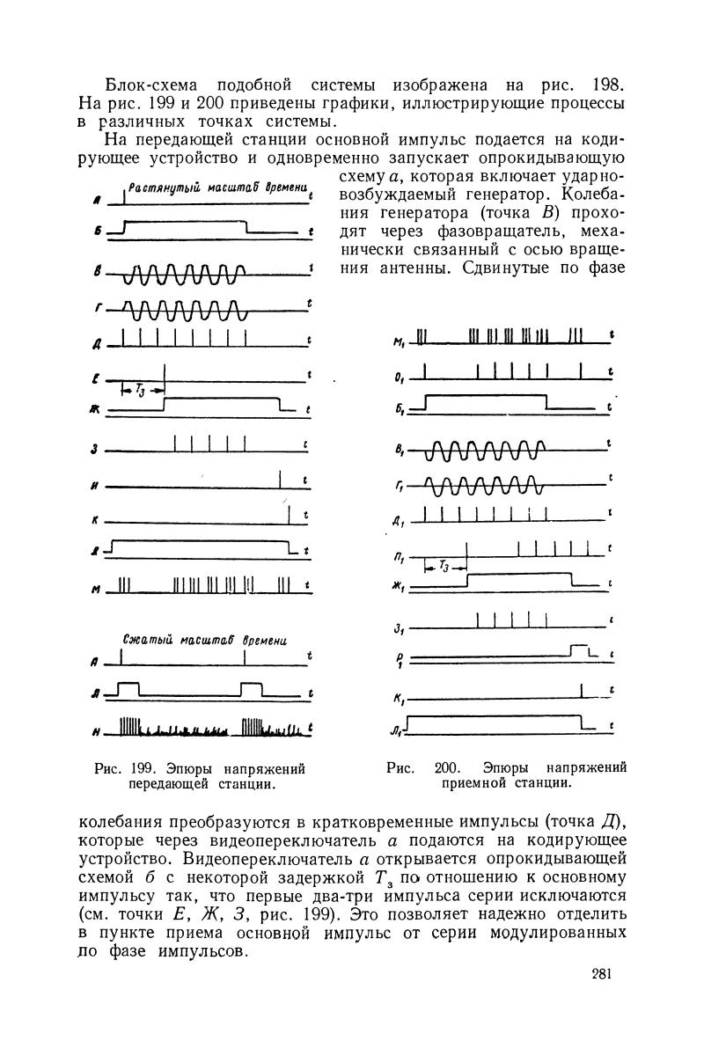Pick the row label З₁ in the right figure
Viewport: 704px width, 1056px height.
(x=399, y=627)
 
